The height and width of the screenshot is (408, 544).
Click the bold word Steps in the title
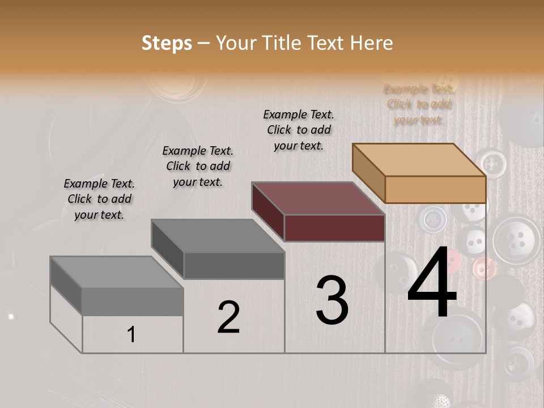click(167, 43)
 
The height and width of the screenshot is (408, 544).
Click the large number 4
click(432, 284)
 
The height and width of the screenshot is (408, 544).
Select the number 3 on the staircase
click(332, 300)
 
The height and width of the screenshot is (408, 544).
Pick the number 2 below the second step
click(228, 317)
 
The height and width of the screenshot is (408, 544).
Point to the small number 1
click(131, 334)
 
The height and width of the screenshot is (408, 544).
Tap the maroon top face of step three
click(318, 198)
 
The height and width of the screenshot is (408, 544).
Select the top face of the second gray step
click(218, 236)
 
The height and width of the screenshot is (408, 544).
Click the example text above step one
click(99, 199)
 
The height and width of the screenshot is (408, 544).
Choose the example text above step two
click(198, 166)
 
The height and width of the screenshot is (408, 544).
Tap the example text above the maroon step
click(299, 130)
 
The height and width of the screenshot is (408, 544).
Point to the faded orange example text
click(419, 104)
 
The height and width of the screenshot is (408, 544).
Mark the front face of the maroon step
click(334, 228)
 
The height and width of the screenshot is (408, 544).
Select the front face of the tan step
click(435, 189)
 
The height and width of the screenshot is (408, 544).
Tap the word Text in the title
click(326, 43)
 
